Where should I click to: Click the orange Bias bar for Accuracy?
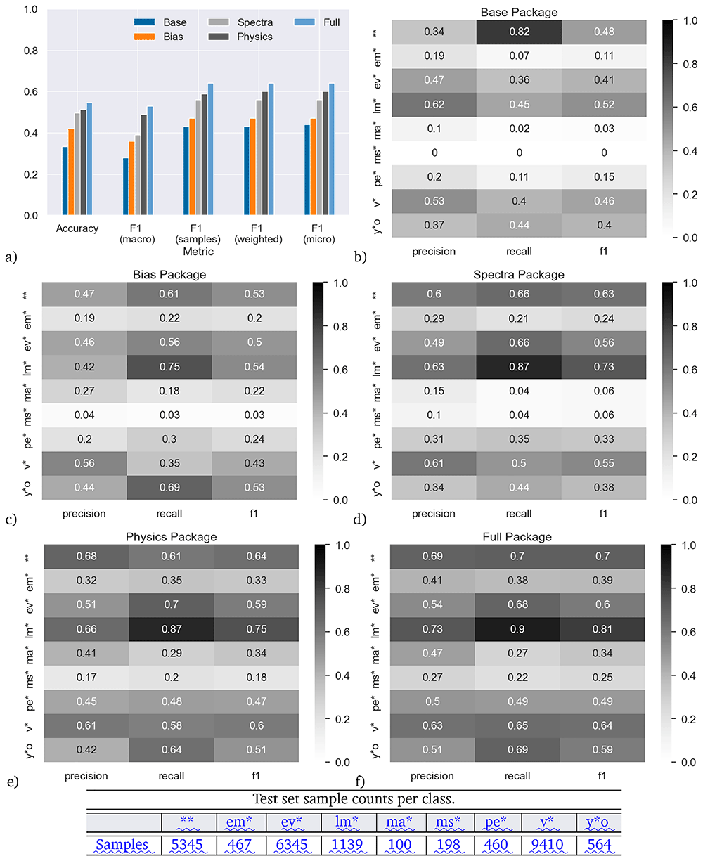coord(70,171)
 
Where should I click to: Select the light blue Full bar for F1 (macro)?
coord(150,160)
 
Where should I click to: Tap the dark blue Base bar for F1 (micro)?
coord(307,169)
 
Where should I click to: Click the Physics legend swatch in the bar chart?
coord(219,37)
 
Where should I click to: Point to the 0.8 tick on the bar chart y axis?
coord(31,51)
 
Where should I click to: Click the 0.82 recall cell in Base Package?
coord(519,32)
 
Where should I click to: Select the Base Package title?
coord(519,12)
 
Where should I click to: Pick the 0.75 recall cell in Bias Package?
coord(169,366)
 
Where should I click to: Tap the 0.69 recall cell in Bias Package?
coord(169,487)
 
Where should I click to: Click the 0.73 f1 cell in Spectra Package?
coord(603,366)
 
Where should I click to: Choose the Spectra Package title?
coord(519,274)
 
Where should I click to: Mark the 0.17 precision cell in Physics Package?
coord(86,677)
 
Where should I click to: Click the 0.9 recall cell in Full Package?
coord(517,628)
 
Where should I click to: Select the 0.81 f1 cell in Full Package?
coord(602,628)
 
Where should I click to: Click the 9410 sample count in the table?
coord(547,844)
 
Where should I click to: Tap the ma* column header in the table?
coord(399,822)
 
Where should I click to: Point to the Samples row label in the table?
coord(122,844)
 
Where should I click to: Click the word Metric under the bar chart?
coord(198,251)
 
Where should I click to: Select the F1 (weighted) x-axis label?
coord(258,233)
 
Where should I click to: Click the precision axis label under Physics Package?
coord(86,775)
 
